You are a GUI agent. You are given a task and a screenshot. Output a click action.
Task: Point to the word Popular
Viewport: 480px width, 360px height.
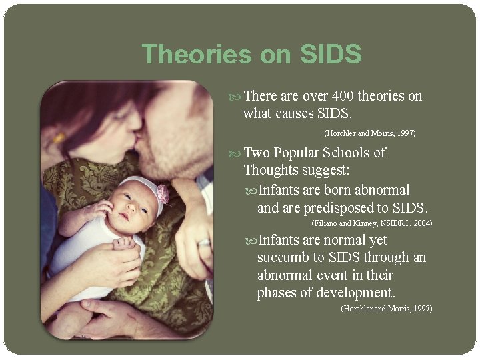299,153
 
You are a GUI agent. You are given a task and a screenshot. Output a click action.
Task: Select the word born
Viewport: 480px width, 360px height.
339,190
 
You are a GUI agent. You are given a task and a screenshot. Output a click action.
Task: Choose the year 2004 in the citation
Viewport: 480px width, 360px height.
423,223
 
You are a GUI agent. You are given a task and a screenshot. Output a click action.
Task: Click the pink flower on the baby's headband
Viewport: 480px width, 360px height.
163,195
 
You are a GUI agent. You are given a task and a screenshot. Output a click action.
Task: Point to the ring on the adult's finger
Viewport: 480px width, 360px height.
204,243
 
